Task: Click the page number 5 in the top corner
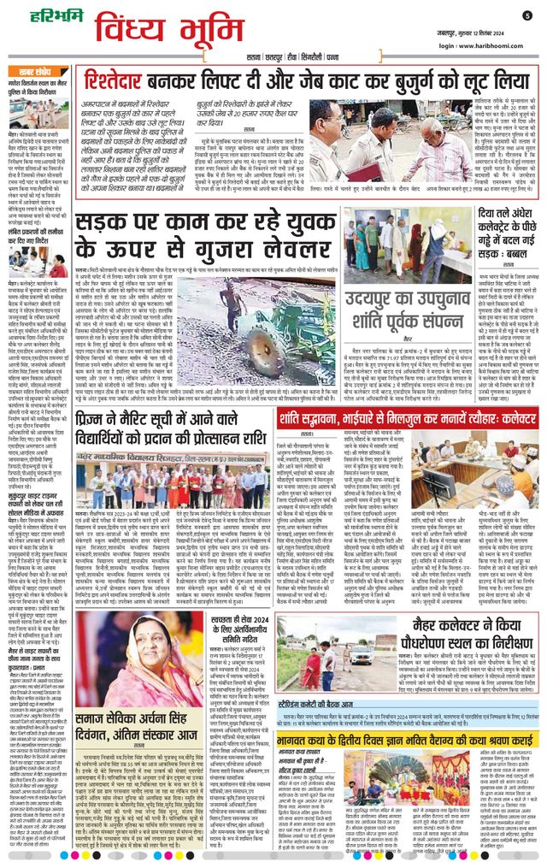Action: [x=526, y=15]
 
